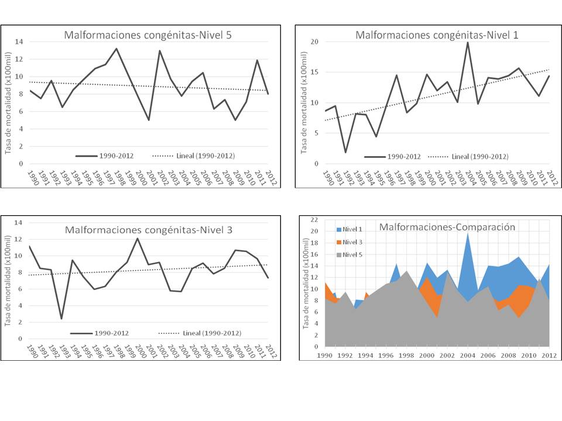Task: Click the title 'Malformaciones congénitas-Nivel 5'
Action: [x=148, y=35]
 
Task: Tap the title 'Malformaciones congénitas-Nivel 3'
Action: [x=148, y=230]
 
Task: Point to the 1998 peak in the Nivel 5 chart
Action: [x=116, y=49]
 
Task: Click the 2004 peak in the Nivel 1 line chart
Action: [x=467, y=42]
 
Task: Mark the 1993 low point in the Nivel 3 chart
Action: [x=61, y=319]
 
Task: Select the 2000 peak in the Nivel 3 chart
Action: [x=138, y=238]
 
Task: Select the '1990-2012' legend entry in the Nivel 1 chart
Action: [x=393, y=156]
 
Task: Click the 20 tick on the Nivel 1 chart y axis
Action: [x=314, y=42]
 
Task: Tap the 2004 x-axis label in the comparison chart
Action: [x=467, y=355]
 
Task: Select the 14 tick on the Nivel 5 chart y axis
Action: [x=19, y=42]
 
